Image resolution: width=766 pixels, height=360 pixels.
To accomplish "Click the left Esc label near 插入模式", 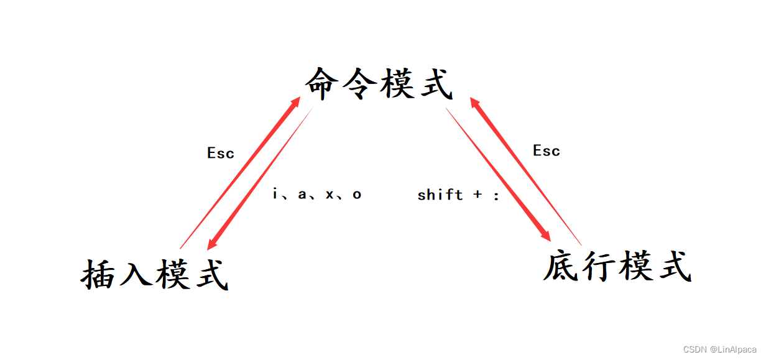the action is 220,153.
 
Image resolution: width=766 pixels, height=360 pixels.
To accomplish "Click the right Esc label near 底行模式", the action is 546,150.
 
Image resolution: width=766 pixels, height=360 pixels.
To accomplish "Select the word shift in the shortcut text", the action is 440,195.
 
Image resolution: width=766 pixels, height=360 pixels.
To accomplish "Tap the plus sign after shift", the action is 478,195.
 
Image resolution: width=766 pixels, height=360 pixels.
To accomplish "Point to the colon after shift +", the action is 496,195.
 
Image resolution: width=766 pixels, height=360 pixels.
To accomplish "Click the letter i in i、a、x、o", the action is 275,194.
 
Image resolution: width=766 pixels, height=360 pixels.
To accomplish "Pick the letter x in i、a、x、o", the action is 330,195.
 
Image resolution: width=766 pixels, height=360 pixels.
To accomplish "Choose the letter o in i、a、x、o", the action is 357,195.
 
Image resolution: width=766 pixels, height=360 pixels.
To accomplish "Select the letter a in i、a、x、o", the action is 302,195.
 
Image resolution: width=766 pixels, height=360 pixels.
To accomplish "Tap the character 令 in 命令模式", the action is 359,84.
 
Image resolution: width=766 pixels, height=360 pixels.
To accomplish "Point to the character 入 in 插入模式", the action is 136,274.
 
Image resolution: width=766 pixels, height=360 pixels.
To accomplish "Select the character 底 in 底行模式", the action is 561,266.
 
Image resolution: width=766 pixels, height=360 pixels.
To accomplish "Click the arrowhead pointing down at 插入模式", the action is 213,243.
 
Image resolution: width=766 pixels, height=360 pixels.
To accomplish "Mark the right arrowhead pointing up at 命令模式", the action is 474,102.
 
